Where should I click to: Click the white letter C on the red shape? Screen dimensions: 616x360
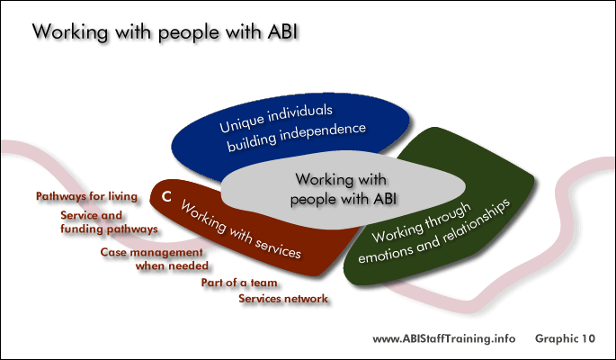(x=166, y=196)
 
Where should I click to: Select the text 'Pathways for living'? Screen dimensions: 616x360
(x=87, y=196)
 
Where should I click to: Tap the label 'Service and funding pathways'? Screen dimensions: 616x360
(x=109, y=222)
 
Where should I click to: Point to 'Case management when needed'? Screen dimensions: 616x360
(x=155, y=259)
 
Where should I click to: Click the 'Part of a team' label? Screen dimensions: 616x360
(x=239, y=283)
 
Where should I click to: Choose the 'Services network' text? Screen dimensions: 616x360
(x=283, y=299)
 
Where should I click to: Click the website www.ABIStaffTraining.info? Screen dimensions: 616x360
(x=444, y=338)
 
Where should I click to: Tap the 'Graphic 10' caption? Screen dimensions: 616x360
(x=565, y=338)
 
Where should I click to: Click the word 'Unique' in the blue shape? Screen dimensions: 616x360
(x=241, y=122)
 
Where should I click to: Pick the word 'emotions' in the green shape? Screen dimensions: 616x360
(x=385, y=252)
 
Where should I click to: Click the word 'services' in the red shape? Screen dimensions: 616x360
(x=278, y=247)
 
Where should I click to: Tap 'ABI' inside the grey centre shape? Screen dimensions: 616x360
(x=385, y=199)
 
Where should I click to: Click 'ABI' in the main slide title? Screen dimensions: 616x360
(x=282, y=31)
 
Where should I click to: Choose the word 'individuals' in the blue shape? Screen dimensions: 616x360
(x=300, y=114)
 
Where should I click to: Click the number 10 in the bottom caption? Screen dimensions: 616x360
(x=587, y=338)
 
